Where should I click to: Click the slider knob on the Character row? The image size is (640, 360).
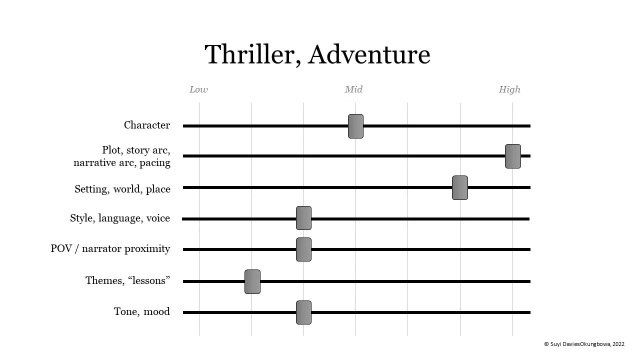tap(355, 126)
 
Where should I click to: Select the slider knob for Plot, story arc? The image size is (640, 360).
tap(512, 156)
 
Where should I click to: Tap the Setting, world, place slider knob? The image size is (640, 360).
tap(459, 187)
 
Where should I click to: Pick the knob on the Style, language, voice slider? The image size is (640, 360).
tap(303, 218)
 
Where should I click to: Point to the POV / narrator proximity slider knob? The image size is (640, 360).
tap(303, 249)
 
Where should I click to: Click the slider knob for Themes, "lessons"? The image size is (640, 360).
tap(252, 281)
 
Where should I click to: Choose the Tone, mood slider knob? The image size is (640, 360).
tap(303, 312)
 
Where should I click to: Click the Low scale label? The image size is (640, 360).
tap(198, 89)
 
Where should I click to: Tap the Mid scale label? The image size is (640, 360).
tap(353, 89)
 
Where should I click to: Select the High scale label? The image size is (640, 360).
tap(509, 89)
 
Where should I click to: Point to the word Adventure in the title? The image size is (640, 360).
tap(369, 54)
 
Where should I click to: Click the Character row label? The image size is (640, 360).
tap(146, 125)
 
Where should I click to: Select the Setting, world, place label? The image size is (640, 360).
tap(122, 189)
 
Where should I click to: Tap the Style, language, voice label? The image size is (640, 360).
tap(120, 218)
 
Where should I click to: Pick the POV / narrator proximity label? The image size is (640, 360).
tap(110, 248)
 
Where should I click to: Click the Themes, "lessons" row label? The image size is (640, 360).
tap(127, 280)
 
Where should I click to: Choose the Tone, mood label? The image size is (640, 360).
tap(141, 311)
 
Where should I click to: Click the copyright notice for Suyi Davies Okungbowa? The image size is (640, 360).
tap(584, 344)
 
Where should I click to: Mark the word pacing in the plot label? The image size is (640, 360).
tap(155, 163)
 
